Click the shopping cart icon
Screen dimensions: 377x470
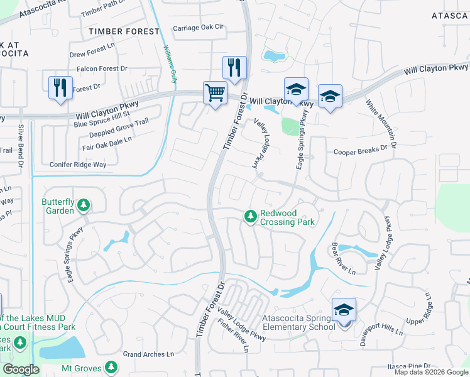(215, 93)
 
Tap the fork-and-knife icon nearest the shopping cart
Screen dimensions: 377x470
(234, 68)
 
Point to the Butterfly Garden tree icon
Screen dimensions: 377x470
(84, 205)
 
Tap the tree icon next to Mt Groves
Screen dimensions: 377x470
(111, 366)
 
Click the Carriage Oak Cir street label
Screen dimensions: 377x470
(198, 28)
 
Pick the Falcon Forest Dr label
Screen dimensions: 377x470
(102, 68)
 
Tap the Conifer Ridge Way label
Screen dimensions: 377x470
(78, 165)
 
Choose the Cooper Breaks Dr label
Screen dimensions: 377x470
(360, 151)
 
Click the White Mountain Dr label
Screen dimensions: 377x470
(382, 124)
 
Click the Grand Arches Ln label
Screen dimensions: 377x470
(148, 354)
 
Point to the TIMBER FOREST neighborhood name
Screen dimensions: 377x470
(124, 31)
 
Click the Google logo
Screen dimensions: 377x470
(21, 369)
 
